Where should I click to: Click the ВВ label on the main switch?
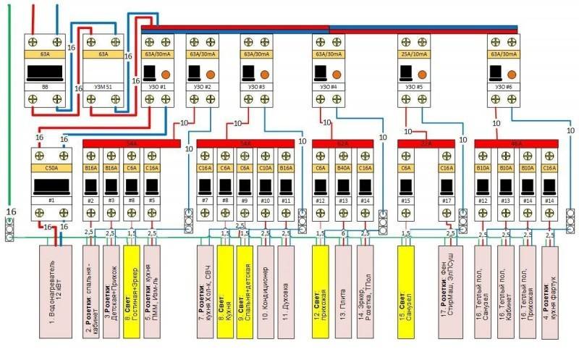44,87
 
